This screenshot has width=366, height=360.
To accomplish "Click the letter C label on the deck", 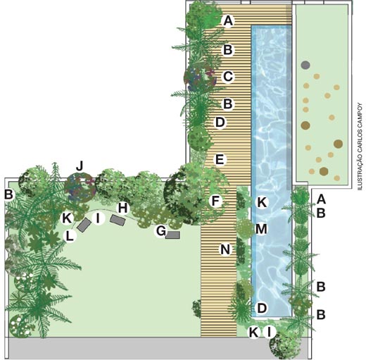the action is pyautogui.click(x=228, y=76).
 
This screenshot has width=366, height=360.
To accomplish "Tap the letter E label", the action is pyautogui.click(x=220, y=160).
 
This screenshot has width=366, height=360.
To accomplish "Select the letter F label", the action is pyautogui.click(x=215, y=201).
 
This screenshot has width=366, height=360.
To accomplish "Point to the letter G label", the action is pyautogui.click(x=161, y=231).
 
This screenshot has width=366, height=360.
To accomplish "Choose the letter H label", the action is pyautogui.click(x=122, y=208).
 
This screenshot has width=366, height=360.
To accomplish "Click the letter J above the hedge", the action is pyautogui.click(x=80, y=166).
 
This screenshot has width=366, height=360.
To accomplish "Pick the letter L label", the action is pyautogui.click(x=70, y=235).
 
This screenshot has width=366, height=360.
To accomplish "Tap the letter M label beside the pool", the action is pyautogui.click(x=261, y=229).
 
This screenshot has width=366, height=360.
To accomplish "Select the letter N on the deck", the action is pyautogui.click(x=225, y=249).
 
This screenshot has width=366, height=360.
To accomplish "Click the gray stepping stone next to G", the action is pyautogui.click(x=172, y=235).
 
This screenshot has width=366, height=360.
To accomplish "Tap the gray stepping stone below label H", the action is pyautogui.click(x=118, y=220).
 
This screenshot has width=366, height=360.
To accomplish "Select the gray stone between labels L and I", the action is pyautogui.click(x=84, y=225).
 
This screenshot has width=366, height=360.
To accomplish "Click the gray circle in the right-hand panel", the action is pyautogui.click(x=305, y=65).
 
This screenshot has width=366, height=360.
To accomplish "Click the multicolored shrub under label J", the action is pyautogui.click(x=80, y=187).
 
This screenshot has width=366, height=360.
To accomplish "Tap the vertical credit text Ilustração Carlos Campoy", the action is pyautogui.click(x=360, y=147).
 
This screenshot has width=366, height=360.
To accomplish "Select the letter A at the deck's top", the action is pyautogui.click(x=228, y=20).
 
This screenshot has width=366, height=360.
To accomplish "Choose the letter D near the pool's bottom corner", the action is pyautogui.click(x=262, y=308).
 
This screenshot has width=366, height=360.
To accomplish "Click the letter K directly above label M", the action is pyautogui.click(x=262, y=202).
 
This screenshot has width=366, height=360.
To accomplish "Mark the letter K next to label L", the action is pyautogui.click(x=67, y=218).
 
